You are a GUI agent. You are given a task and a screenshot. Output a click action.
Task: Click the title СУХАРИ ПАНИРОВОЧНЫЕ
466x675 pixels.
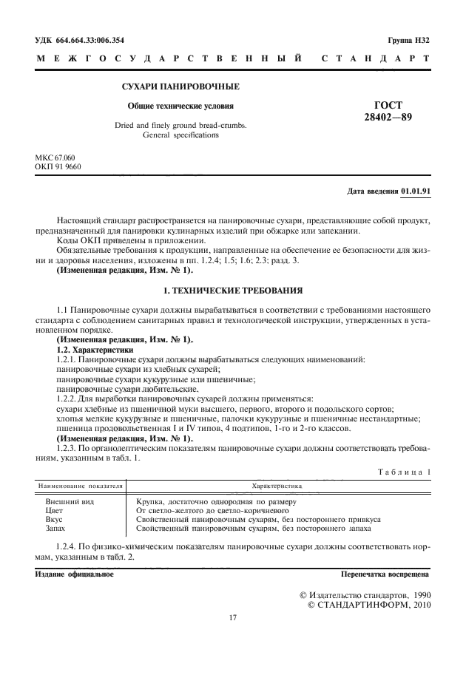point(180,87)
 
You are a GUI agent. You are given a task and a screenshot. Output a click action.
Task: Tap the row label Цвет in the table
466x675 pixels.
point(55,510)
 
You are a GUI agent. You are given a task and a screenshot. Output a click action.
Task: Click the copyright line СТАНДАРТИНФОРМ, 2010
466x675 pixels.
point(368,604)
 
